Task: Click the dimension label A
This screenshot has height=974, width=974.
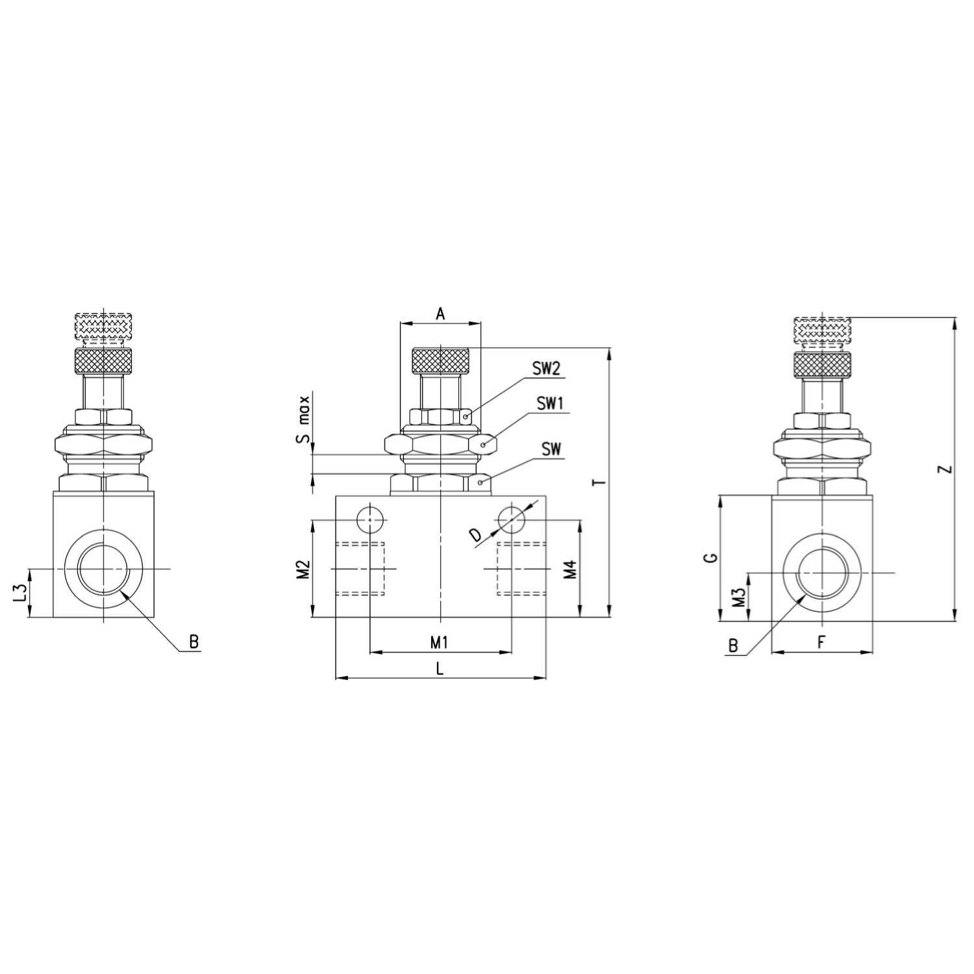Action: (440, 314)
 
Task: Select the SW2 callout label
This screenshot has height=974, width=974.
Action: (546, 369)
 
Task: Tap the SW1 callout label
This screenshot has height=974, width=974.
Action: (551, 403)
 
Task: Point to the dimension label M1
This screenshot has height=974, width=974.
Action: (440, 642)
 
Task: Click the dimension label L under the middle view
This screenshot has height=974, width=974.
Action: (440, 668)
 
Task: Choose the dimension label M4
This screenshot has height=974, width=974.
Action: (569, 569)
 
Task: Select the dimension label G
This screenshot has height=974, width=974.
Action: (712, 557)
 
